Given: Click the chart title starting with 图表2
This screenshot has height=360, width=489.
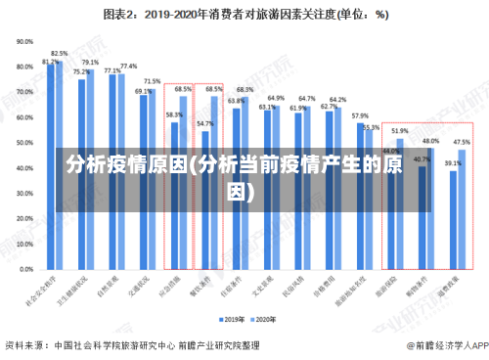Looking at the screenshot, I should tap(244, 15).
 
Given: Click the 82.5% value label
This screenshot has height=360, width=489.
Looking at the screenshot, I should tap(60, 54).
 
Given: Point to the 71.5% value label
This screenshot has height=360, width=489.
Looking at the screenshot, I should tap(153, 81).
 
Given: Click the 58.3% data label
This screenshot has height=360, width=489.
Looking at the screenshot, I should tap(174, 114).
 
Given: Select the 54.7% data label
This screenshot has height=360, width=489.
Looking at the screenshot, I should tap(205, 124).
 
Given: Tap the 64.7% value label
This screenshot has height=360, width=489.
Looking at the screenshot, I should tap(307, 99).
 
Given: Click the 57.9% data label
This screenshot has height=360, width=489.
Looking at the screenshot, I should tap(360, 115).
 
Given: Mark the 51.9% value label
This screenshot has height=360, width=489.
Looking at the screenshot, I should tap(400, 130).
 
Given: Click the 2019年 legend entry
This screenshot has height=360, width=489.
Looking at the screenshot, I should tap(231, 319).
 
